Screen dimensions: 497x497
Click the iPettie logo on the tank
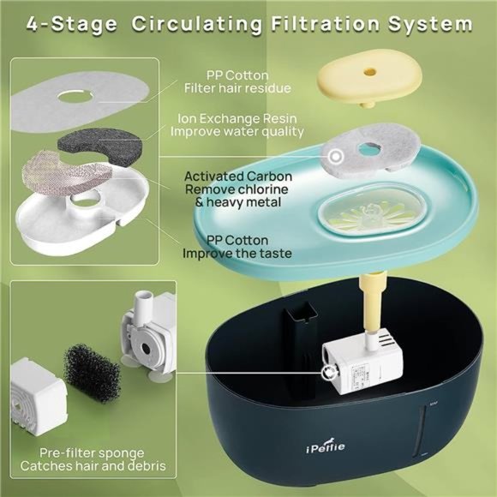(x=326, y=447)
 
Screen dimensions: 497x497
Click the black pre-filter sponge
(x=92, y=373)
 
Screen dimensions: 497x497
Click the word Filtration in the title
(x=325, y=24)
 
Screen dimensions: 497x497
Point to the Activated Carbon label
(x=238, y=177)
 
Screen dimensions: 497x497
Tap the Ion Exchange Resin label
(x=237, y=119)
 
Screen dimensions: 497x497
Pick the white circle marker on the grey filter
(x=336, y=156)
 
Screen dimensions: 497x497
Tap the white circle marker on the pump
(x=328, y=373)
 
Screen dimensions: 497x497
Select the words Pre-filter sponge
(x=92, y=453)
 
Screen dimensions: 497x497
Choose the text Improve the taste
(x=237, y=254)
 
